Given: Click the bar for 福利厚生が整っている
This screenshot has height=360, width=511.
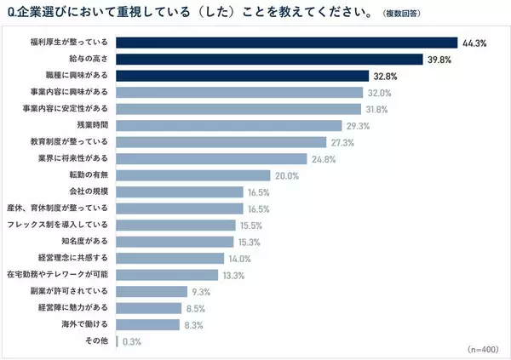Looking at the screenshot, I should click(286, 43).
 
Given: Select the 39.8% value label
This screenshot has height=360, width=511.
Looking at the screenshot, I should click(440, 59).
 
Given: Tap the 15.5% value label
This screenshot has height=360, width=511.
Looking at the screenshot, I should click(251, 225).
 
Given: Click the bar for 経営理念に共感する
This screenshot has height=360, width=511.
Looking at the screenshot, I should click(169, 258).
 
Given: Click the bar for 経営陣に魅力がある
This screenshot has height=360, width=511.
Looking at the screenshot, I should click(148, 307).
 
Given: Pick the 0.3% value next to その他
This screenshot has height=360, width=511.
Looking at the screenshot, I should click(131, 340).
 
